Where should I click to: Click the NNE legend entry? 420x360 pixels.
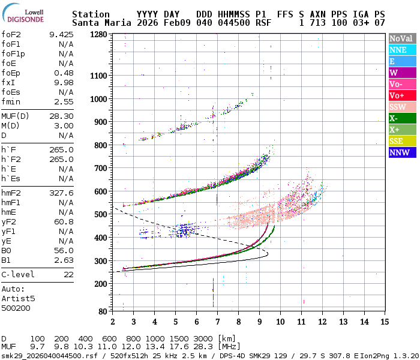coord(402,50)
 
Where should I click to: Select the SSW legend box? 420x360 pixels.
coord(402,107)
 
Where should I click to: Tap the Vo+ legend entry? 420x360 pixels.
coord(402,96)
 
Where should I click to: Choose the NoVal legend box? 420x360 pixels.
coord(402,39)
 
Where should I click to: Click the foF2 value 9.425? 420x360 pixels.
coord(61,35)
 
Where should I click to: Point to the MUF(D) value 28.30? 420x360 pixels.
coord(61,116)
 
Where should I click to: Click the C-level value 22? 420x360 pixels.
coord(68,274)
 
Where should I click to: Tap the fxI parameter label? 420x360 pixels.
coord(8,82)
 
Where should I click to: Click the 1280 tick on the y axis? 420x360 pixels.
coord(98,35)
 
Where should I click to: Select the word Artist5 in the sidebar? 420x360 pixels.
coord(18,298)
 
